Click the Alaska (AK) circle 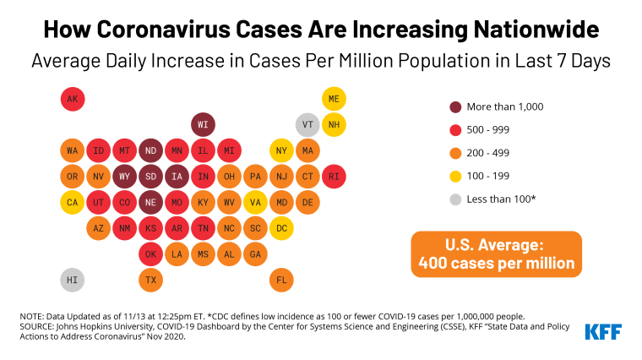tap(73, 100)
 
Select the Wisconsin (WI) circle tap(203, 125)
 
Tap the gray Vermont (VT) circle tap(307, 125)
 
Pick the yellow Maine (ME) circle tap(334, 100)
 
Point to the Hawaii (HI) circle tap(73, 280)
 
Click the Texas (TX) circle tap(151, 280)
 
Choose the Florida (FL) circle tap(281, 280)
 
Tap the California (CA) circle tap(73, 203)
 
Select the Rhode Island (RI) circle tap(334, 177)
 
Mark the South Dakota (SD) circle tap(151, 177)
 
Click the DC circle tap(281, 228)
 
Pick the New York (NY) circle tap(281, 151)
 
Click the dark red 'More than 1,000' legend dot tap(455, 106)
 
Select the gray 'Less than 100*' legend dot tap(455, 199)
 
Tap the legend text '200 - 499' tap(492, 153)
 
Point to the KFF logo tap(604, 330)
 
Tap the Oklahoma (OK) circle tap(151, 254)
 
